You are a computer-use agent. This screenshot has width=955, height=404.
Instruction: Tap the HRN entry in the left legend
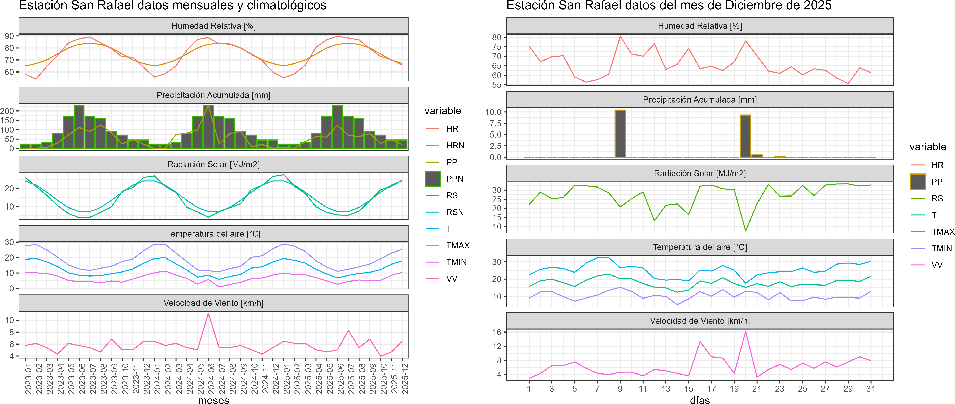click(x=455, y=145)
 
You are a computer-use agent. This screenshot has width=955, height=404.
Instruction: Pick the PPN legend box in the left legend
click(x=433, y=179)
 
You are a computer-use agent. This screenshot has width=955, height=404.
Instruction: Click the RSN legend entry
click(x=455, y=212)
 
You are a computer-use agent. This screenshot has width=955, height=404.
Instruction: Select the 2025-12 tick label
click(x=402, y=378)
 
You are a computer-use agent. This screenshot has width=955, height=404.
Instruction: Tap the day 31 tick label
click(x=870, y=389)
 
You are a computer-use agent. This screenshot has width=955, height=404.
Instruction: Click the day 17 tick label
click(x=711, y=389)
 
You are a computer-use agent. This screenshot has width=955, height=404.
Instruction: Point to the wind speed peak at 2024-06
click(x=208, y=313)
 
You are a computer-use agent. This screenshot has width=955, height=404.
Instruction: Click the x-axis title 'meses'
click(x=213, y=400)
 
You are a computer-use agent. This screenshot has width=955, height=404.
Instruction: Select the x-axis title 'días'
click(x=700, y=400)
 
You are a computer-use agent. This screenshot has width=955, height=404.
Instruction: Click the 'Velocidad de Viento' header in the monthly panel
click(x=213, y=303)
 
